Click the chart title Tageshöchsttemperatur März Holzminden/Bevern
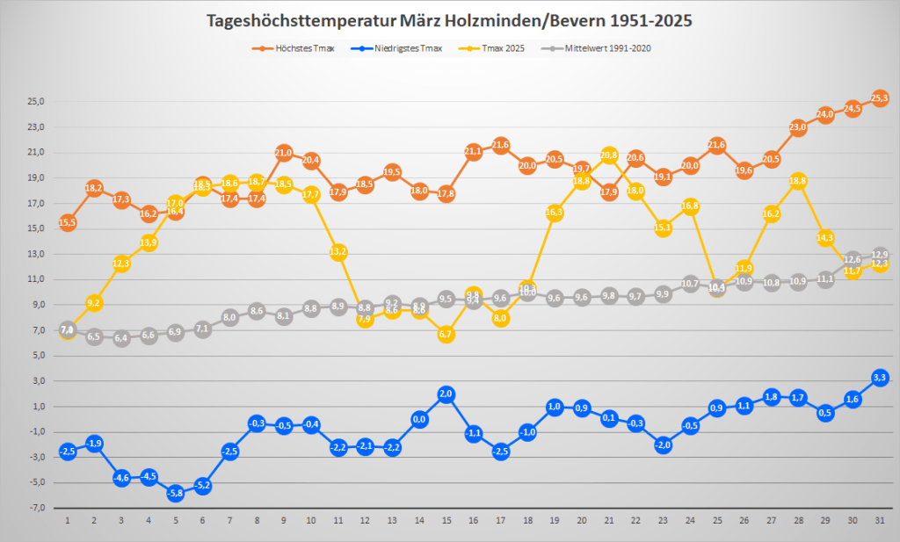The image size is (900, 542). [x=449, y=20]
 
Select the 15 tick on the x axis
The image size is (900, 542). [x=446, y=520]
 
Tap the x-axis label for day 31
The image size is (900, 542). [x=880, y=520]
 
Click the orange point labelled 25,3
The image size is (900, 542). [x=880, y=98]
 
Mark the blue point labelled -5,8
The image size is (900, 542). [x=176, y=493]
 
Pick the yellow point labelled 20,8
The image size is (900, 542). [x=609, y=155]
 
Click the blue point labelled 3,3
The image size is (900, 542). [x=880, y=378]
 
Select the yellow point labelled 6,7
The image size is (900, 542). [x=446, y=335]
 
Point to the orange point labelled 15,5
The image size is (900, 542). [x=68, y=222]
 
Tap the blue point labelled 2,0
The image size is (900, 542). [x=446, y=394]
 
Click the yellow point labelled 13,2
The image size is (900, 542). [x=338, y=251]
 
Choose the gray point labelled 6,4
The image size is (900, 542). [x=121, y=338]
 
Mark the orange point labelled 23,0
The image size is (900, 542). [x=799, y=127]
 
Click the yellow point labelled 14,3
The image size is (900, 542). [x=826, y=238]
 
